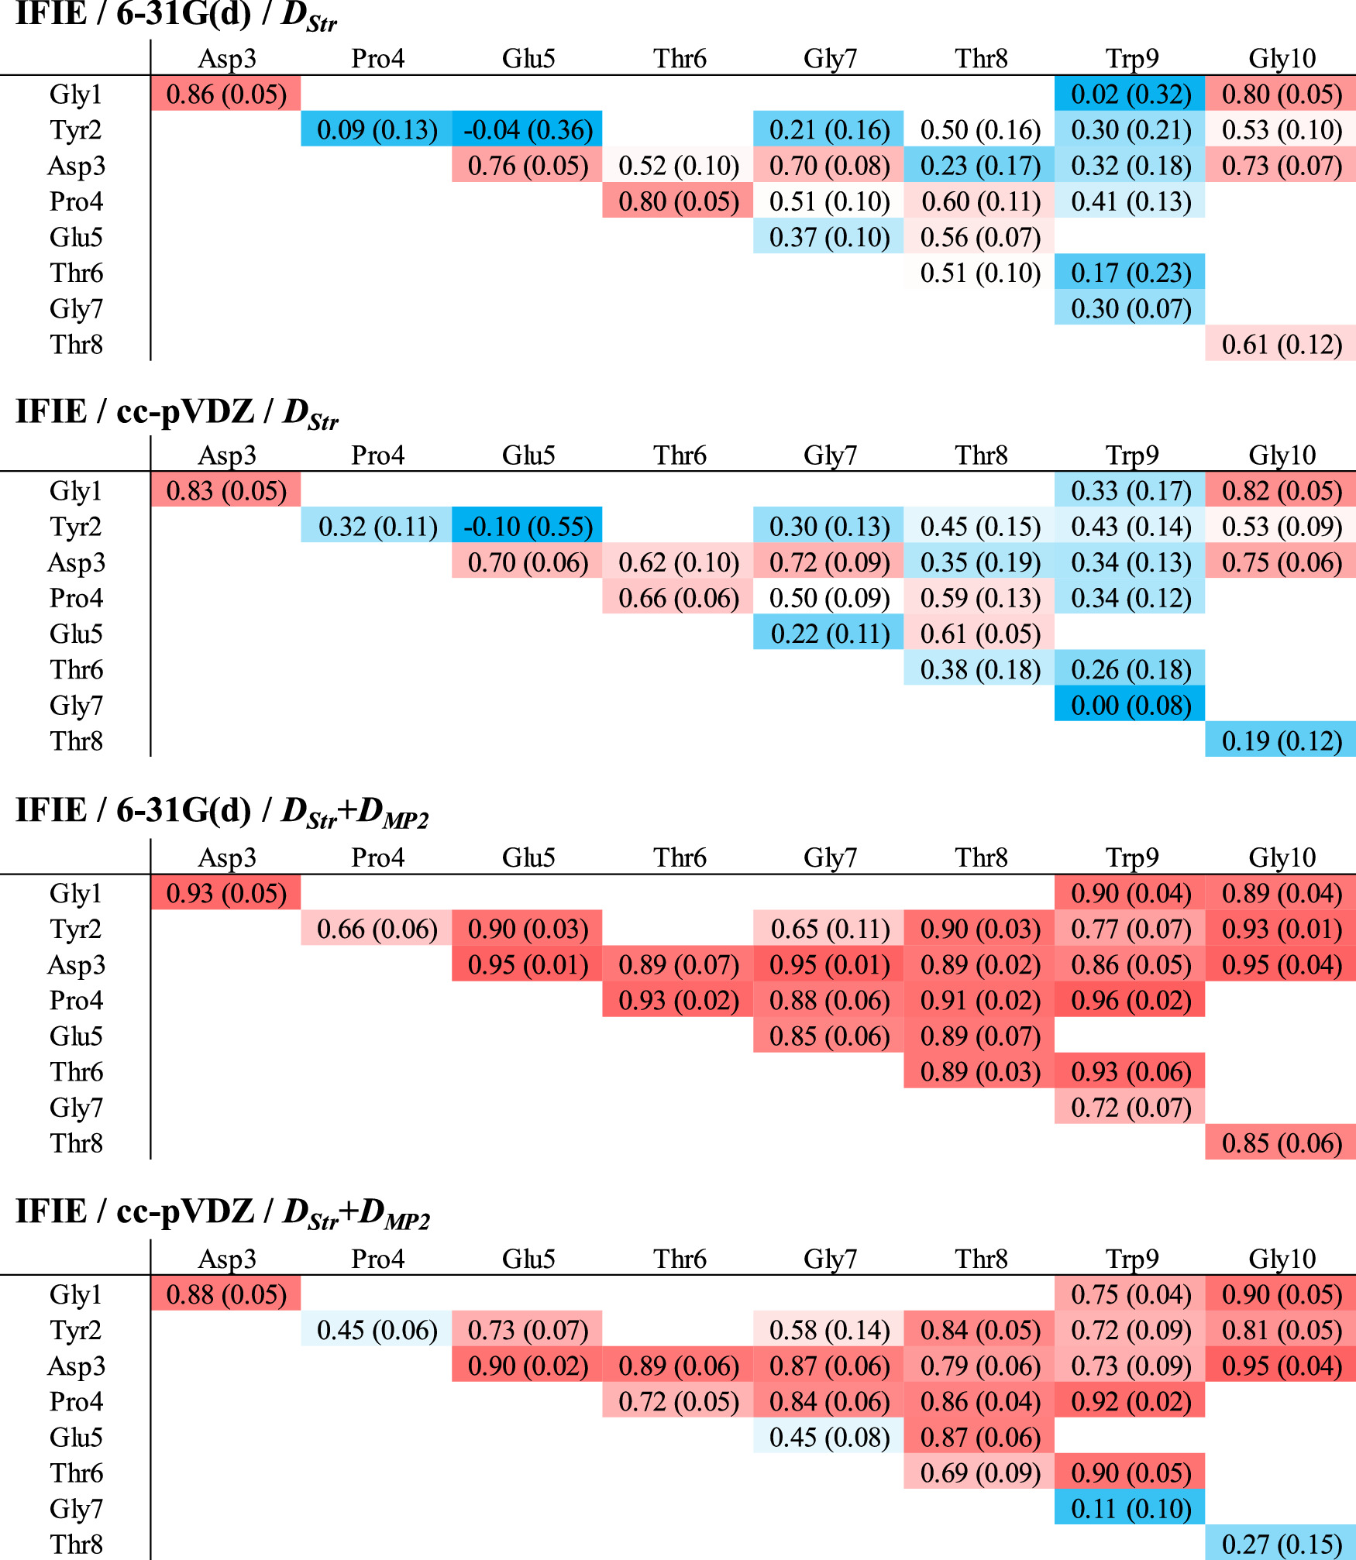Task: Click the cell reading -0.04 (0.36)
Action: [x=528, y=130]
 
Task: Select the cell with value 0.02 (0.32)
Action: [x=1131, y=94]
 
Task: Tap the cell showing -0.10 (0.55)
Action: [x=528, y=527]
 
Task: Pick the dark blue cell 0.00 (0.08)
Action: [x=1131, y=706]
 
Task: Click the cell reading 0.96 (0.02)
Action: [x=1131, y=1001]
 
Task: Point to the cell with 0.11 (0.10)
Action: [x=1131, y=1509]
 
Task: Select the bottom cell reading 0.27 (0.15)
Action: [x=1281, y=1545]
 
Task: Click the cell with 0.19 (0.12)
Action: [x=1281, y=741]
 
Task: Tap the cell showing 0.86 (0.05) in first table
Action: [x=226, y=94]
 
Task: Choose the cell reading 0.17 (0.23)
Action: [x=1131, y=273]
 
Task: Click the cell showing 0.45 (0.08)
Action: [x=829, y=1438]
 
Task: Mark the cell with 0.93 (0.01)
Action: [x=1281, y=929]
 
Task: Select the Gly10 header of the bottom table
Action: [x=1282, y=1259]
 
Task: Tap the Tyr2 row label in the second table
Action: [x=76, y=527]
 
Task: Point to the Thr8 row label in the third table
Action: [x=76, y=1143]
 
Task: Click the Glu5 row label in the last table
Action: [x=76, y=1438]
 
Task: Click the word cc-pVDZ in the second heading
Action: [x=184, y=411]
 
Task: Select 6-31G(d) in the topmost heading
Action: [x=184, y=14]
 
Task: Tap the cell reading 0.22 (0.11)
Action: [x=829, y=634]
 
